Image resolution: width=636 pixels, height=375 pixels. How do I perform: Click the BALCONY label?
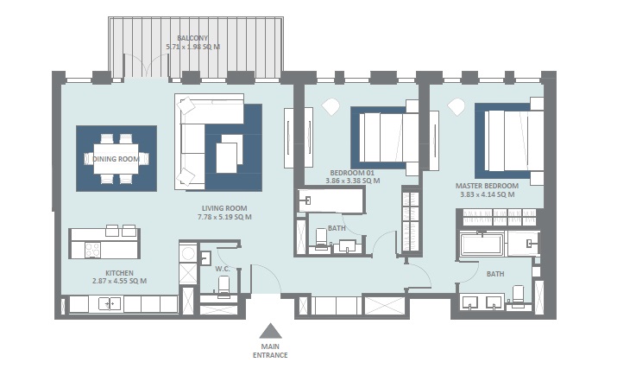point(193,38)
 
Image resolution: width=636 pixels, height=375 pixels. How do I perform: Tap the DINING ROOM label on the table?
point(116,158)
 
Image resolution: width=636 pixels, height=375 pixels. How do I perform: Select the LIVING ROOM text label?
point(224,208)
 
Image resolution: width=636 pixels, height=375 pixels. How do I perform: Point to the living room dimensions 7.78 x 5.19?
point(224,217)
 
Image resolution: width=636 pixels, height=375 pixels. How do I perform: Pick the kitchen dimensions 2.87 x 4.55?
point(119,281)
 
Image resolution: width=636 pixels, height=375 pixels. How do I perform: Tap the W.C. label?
point(221,268)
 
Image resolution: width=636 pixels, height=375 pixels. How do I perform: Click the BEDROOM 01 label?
point(352,173)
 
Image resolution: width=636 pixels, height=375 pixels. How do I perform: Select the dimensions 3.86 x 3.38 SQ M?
point(352,181)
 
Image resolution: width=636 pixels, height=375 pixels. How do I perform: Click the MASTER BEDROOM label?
point(487,186)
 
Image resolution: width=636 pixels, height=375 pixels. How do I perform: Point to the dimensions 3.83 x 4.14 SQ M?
point(487,195)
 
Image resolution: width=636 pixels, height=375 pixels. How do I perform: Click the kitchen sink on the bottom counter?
point(110,303)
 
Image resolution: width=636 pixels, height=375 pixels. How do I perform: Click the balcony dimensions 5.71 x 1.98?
point(193,47)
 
